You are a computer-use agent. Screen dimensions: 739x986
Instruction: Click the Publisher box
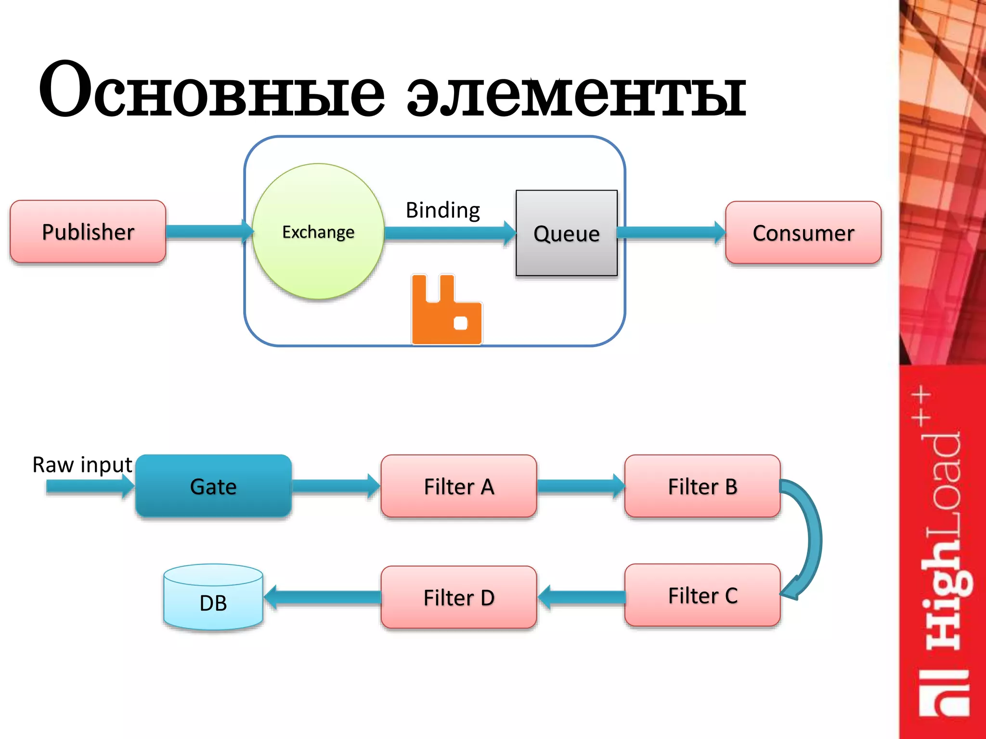pyautogui.click(x=88, y=231)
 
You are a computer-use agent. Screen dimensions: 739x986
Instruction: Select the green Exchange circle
pyautogui.click(x=318, y=231)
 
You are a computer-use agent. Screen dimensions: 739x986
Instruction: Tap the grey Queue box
pyautogui.click(x=566, y=233)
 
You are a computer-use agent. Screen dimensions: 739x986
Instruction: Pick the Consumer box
pyautogui.click(x=803, y=232)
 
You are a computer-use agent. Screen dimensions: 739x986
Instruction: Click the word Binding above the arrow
pyautogui.click(x=442, y=210)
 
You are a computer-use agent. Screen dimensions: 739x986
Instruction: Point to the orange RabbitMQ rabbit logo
pyautogui.click(x=446, y=310)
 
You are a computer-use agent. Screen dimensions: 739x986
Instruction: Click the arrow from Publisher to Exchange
pyautogui.click(x=207, y=231)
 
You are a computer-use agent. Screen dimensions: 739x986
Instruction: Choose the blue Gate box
pyautogui.click(x=213, y=486)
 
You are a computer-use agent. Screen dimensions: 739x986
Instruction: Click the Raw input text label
pyautogui.click(x=82, y=465)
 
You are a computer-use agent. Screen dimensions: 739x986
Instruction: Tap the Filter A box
pyautogui.click(x=458, y=486)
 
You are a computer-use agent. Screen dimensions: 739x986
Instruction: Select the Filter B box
pyautogui.click(x=702, y=486)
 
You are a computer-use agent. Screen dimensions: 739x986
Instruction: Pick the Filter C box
pyautogui.click(x=702, y=595)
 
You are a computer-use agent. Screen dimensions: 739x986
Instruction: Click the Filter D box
pyautogui.click(x=458, y=597)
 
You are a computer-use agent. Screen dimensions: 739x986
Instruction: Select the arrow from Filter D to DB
pyautogui.click(x=323, y=597)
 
